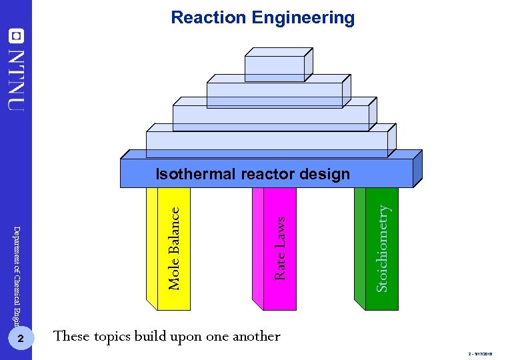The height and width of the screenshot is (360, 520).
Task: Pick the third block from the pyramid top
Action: point(271,117)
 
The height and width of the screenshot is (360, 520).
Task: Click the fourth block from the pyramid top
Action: point(267,143)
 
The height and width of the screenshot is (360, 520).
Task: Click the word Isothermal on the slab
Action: point(195,175)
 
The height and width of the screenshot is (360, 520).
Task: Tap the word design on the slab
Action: point(325,175)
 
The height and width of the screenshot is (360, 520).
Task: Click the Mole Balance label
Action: point(174,248)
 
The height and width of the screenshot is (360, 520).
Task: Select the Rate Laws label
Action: point(280,247)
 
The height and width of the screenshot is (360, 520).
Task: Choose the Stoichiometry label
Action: point(382,247)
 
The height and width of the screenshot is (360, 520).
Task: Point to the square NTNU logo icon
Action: point(16,35)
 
